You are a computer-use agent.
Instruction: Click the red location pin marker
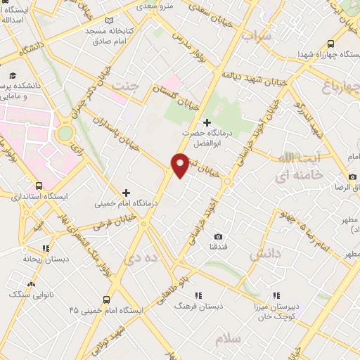[180, 164]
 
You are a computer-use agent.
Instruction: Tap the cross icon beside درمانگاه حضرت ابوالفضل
[206, 123]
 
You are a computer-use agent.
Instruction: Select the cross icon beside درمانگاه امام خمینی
[127, 193]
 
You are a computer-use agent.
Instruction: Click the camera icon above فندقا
[218, 236]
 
